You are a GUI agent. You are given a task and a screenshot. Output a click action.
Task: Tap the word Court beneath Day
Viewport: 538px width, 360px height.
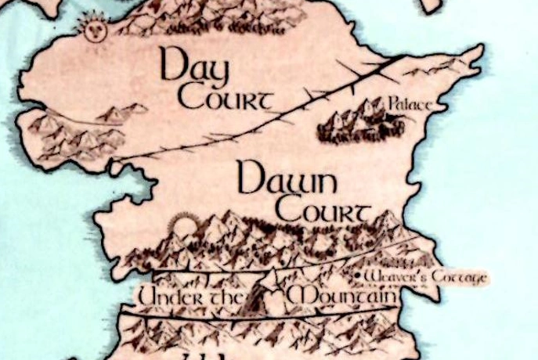click(225, 101)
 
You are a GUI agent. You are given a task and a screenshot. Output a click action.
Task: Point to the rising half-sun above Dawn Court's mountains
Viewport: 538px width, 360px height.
click(184, 227)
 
